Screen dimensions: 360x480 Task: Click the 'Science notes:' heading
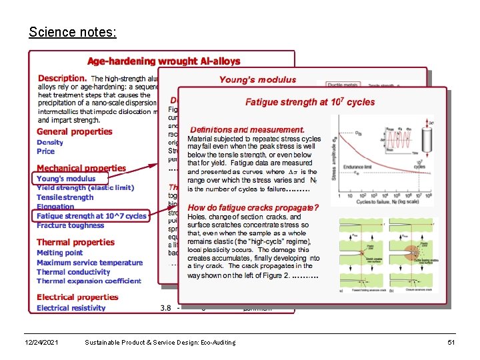[73, 32]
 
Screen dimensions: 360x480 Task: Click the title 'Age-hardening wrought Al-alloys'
[163, 61]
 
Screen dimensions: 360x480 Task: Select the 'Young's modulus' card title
[257, 79]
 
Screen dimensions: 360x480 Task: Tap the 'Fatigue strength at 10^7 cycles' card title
[310, 102]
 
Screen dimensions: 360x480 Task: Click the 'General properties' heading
[75, 131]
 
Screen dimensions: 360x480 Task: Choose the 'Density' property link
[50, 142]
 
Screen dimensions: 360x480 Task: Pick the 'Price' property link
[46, 151]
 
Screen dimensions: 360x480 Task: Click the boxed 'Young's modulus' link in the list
[66, 179]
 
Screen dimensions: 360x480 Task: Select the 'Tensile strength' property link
[65, 197]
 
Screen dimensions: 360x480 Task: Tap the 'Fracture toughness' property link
[70, 225]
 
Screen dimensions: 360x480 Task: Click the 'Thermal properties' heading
[75, 242]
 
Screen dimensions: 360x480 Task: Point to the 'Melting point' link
[59, 253]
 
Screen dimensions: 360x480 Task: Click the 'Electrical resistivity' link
[71, 308]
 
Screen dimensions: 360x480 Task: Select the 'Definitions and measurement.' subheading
[247, 129]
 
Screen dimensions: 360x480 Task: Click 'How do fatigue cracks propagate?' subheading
[253, 207]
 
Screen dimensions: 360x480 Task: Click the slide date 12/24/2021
[41, 342]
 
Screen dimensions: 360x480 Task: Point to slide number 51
[451, 342]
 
